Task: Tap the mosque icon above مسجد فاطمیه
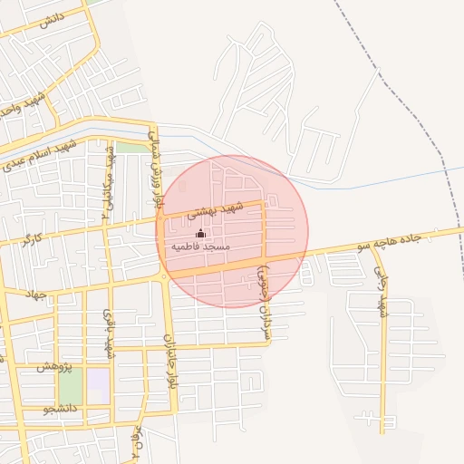point(200,234)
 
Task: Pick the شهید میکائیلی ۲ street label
point(109,181)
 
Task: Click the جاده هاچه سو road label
point(390,240)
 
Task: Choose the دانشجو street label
point(60,410)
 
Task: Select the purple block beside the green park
point(98,381)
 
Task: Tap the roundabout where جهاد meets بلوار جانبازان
point(165,279)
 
